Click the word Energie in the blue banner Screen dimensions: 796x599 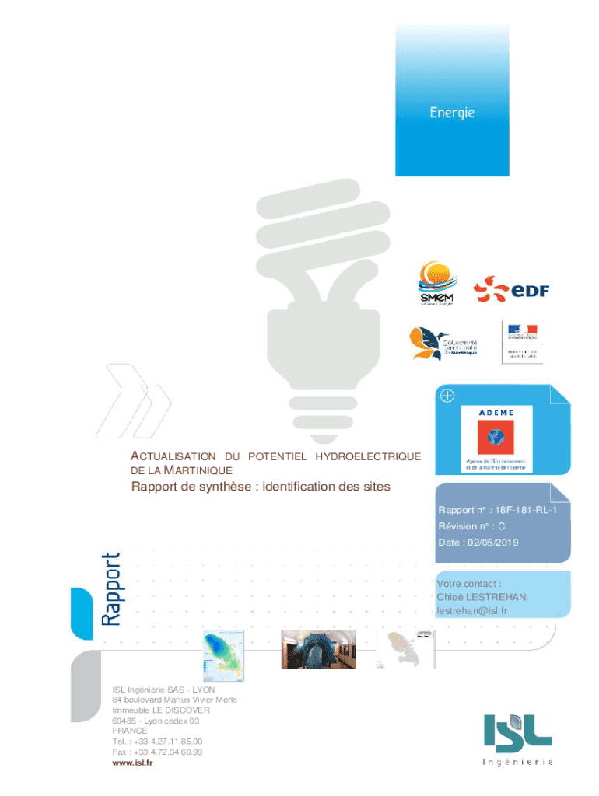(452, 113)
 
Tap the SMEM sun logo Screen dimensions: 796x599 (436, 284)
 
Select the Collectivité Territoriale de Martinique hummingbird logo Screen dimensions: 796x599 (444, 343)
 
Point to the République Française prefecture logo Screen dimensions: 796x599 (523, 341)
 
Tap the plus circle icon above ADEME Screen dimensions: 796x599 (447, 396)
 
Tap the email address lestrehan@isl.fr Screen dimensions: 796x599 (472, 611)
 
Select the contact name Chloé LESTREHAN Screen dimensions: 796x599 (481, 597)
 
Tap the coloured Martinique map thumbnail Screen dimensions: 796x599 (223, 650)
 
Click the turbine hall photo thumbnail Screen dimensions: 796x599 (313, 649)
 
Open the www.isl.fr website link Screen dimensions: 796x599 (132, 763)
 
